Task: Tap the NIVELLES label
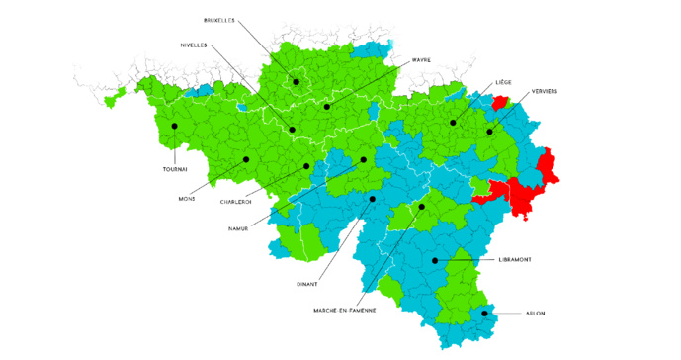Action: [200, 45]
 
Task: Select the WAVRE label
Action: [421, 60]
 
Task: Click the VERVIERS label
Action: [545, 91]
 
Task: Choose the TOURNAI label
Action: [175, 169]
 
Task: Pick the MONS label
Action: [187, 198]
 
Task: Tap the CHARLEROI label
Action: [235, 202]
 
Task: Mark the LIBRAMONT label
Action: [517, 259]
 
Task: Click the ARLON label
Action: [535, 314]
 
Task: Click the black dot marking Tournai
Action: [174, 126]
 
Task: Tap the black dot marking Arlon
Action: [484, 313]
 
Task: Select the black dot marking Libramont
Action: [435, 260]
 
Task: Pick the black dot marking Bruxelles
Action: [296, 81]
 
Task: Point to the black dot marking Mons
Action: [246, 158]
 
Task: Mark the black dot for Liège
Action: [453, 123]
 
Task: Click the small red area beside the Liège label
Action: [500, 101]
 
